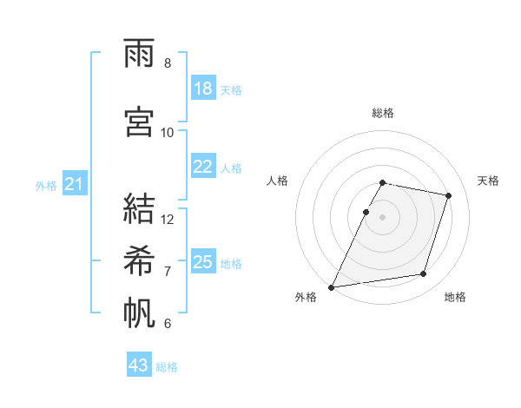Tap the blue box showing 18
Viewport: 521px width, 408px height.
coord(203,89)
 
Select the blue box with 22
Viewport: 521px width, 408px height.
coord(203,167)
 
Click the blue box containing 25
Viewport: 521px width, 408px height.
coord(203,262)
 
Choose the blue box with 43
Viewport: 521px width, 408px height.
coord(139,365)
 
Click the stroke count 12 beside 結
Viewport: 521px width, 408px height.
coord(168,220)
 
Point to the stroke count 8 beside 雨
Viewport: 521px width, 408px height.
coord(168,63)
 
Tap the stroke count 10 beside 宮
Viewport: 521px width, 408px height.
coord(168,132)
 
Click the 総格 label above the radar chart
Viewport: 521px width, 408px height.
coord(383,113)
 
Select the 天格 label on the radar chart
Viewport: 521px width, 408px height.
coord(488,181)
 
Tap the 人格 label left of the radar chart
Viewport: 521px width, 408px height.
coord(278,181)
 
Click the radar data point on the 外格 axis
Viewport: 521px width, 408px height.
coord(332,286)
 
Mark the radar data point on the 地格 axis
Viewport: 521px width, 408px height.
coord(424,274)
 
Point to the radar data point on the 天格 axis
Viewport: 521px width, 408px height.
coord(449,195)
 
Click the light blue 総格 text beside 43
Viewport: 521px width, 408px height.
coord(167,367)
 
